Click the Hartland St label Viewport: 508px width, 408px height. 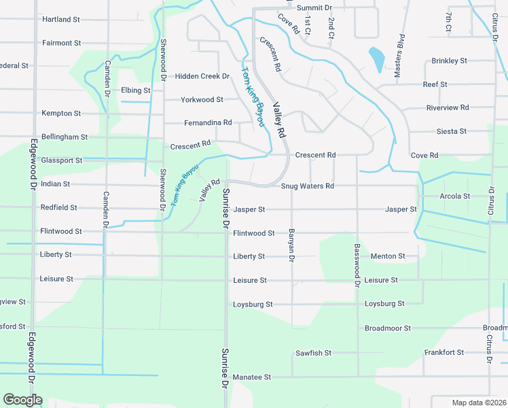point(62,20)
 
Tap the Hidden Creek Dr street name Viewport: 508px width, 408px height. point(202,77)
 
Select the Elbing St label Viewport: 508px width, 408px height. point(136,90)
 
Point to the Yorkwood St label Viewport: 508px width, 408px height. point(202,100)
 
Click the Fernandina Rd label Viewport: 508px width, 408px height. point(208,123)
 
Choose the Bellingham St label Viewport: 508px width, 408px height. point(65,137)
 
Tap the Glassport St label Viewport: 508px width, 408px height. point(62,160)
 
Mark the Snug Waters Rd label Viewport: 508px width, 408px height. point(308,186)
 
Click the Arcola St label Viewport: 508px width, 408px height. point(455,197)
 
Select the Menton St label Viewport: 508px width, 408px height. point(388,256)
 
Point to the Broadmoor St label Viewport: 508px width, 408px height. point(388,328)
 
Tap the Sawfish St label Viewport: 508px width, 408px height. point(313,353)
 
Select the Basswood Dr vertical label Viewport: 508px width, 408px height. point(357,261)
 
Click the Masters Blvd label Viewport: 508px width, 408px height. point(400,56)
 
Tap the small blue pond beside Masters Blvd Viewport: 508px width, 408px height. point(375,59)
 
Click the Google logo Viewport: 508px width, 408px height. point(22,400)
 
